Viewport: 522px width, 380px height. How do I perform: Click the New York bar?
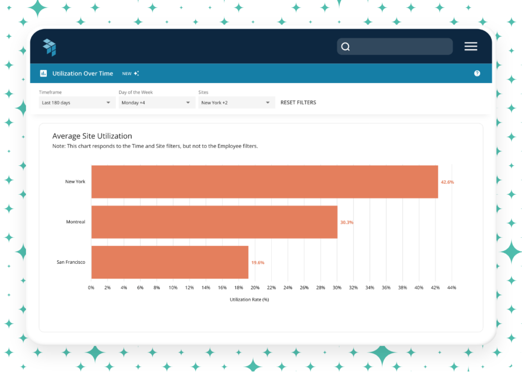click(265, 182)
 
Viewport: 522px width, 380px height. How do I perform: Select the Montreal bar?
click(215, 222)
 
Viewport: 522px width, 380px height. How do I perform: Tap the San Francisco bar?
click(170, 263)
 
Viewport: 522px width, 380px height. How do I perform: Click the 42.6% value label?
click(447, 182)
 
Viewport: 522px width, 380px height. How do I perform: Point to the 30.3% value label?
click(347, 222)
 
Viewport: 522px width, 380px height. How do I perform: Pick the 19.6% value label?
click(257, 263)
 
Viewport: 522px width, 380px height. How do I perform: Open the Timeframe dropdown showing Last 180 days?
click(77, 103)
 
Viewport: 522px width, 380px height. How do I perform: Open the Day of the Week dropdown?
click(157, 103)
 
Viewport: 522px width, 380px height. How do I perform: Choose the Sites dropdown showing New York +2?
click(237, 103)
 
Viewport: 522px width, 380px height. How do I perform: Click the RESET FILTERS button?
click(298, 103)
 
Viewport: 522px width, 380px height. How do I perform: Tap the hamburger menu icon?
click(471, 46)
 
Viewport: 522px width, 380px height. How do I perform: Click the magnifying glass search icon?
click(346, 46)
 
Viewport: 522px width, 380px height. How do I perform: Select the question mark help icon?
click(477, 73)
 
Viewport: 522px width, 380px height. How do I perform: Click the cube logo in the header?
click(49, 47)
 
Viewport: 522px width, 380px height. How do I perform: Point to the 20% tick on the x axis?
click(255, 288)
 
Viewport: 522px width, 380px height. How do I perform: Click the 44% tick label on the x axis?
click(452, 288)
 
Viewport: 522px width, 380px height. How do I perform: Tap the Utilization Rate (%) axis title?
click(249, 300)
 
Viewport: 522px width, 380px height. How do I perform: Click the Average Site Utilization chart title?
click(92, 136)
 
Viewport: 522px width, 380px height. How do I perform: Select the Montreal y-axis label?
click(75, 222)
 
